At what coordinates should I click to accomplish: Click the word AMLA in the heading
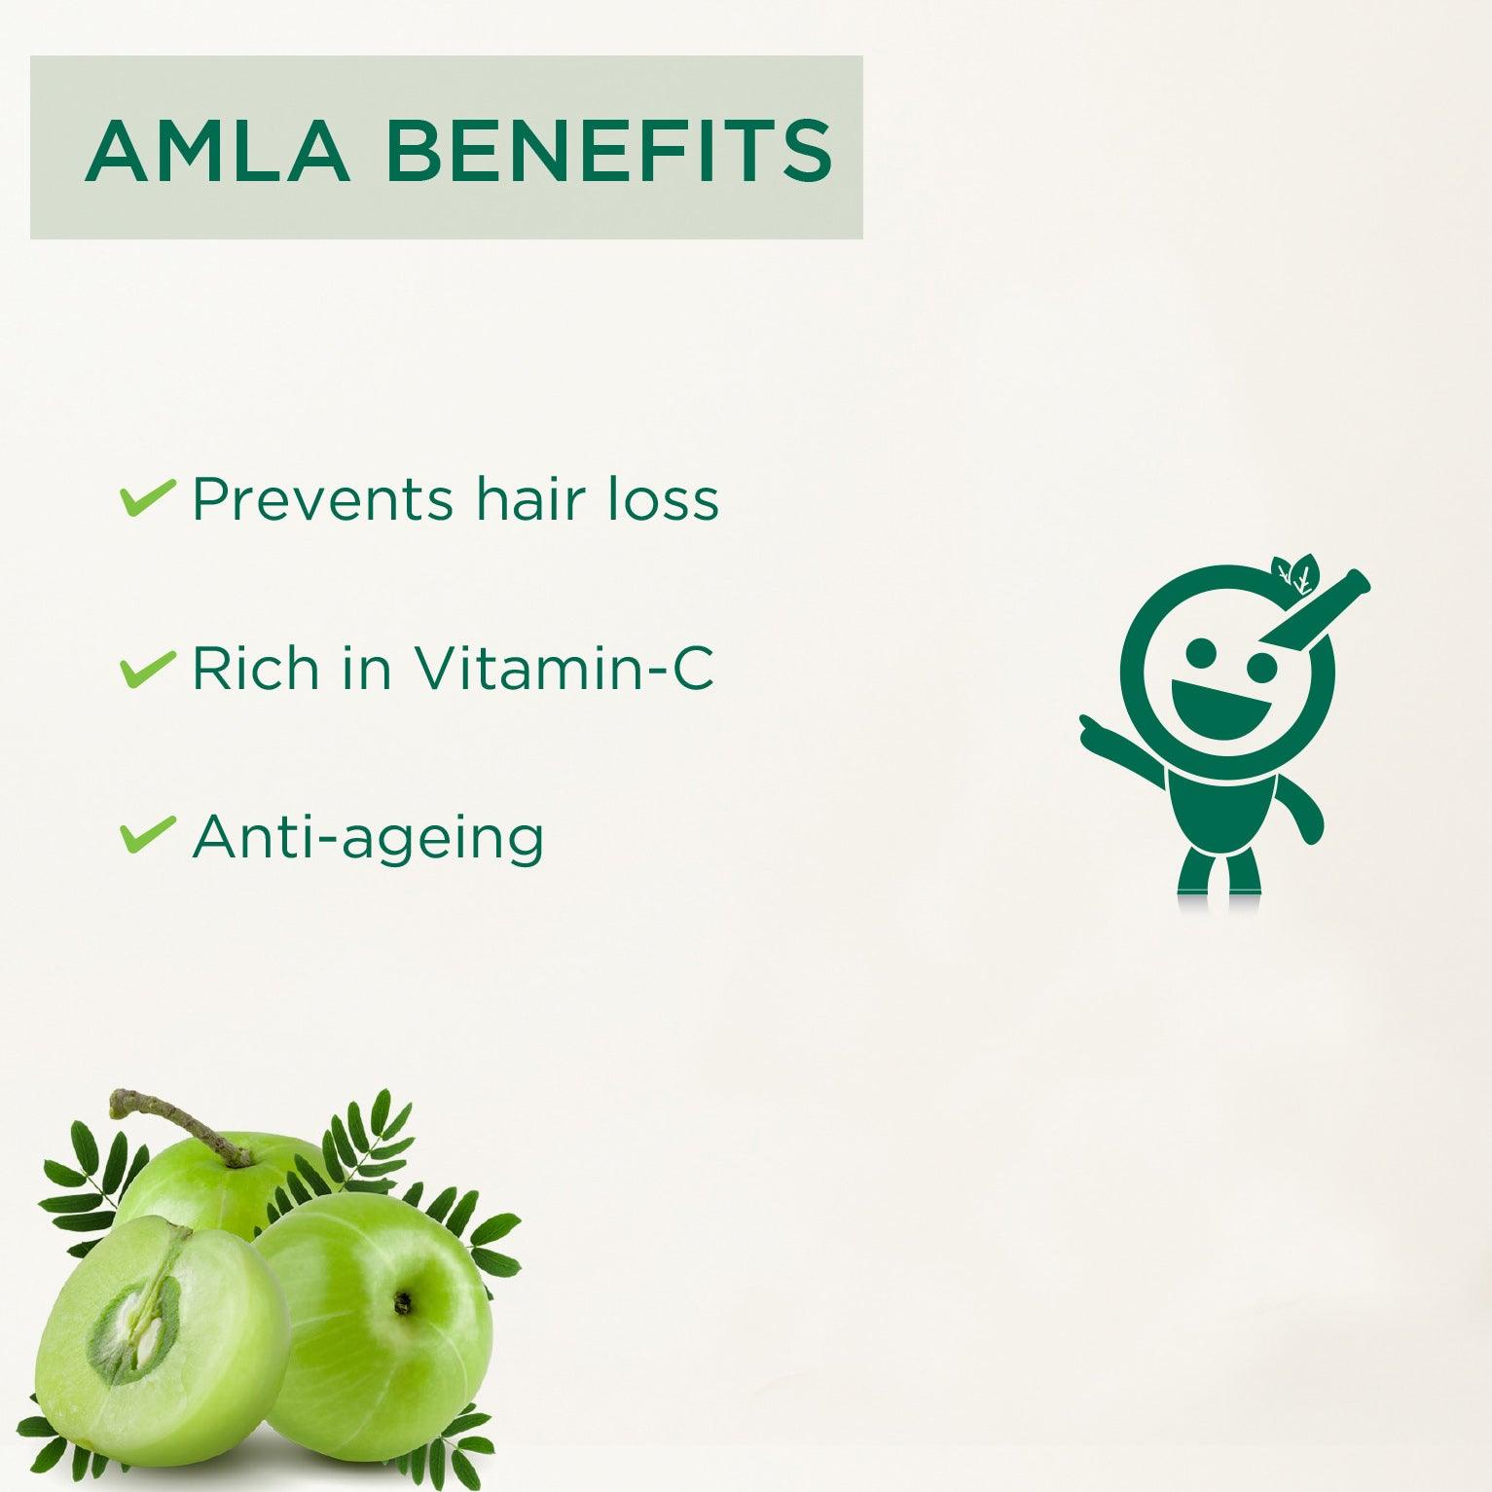[217, 151]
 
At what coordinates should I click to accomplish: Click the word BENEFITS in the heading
[609, 151]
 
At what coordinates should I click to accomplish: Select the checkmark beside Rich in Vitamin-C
[147, 670]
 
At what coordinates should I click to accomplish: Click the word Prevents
[322, 499]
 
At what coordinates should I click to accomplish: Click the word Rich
[256, 669]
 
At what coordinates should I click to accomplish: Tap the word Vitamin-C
[564, 669]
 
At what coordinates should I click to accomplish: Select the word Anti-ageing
[368, 838]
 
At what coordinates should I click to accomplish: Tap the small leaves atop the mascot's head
[1295, 574]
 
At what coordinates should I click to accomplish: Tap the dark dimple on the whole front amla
[402, 1301]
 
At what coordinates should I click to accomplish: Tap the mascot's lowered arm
[1304, 813]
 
